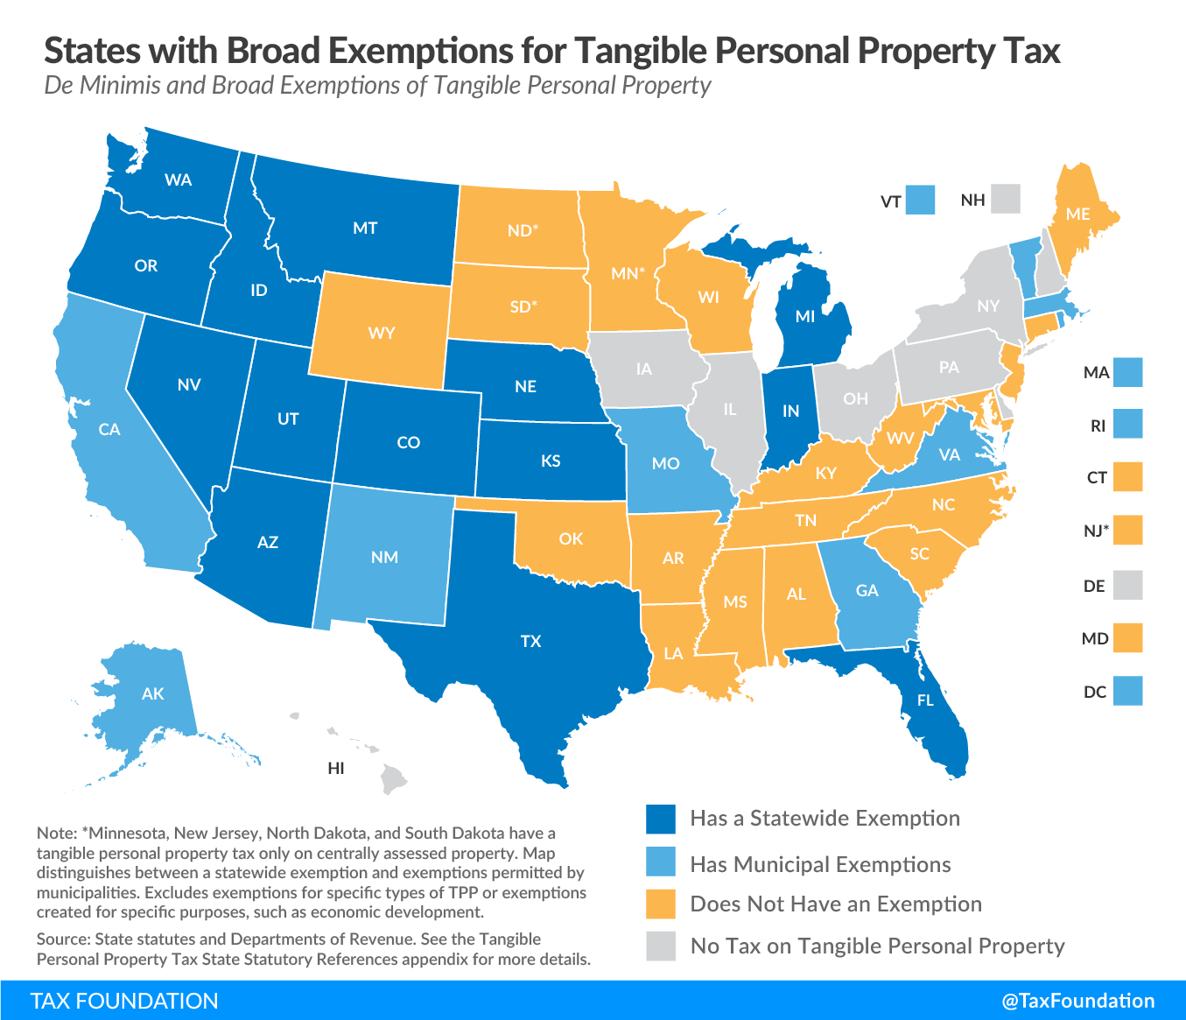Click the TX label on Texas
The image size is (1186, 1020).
pos(531,642)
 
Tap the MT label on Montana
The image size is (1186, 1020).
pos(365,229)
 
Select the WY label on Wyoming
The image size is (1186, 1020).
pos(382,334)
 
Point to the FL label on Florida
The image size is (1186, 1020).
pos(925,700)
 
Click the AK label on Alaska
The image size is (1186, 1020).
pos(152,694)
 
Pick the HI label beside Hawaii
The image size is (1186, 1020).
pos(336,769)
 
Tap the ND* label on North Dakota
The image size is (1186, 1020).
pos(523,231)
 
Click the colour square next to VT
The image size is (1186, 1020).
pos(920,200)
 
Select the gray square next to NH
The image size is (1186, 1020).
pos(1006,199)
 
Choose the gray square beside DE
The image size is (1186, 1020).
pos(1128,585)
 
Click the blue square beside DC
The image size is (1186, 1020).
pos(1128,691)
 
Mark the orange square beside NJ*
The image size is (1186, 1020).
pos(1128,530)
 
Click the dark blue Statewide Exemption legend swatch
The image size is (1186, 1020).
pos(661,819)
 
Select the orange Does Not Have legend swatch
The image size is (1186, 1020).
pos(661,904)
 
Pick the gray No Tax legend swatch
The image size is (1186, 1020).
pos(661,946)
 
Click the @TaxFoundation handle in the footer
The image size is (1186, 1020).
pos(1078,1001)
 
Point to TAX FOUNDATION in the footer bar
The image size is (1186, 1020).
pos(124,1001)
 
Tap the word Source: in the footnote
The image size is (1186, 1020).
pos(64,939)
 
